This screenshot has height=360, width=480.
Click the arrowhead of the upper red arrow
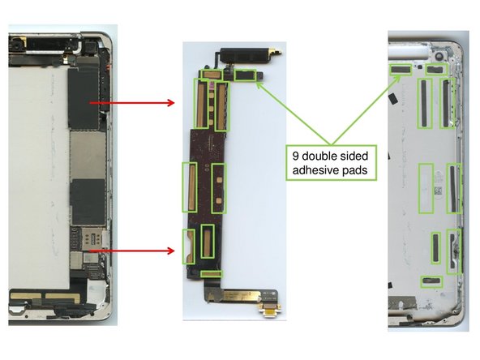tap(172, 103)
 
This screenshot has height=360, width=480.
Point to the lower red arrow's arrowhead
tap(172, 251)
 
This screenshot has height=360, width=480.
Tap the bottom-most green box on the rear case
tap(432, 281)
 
